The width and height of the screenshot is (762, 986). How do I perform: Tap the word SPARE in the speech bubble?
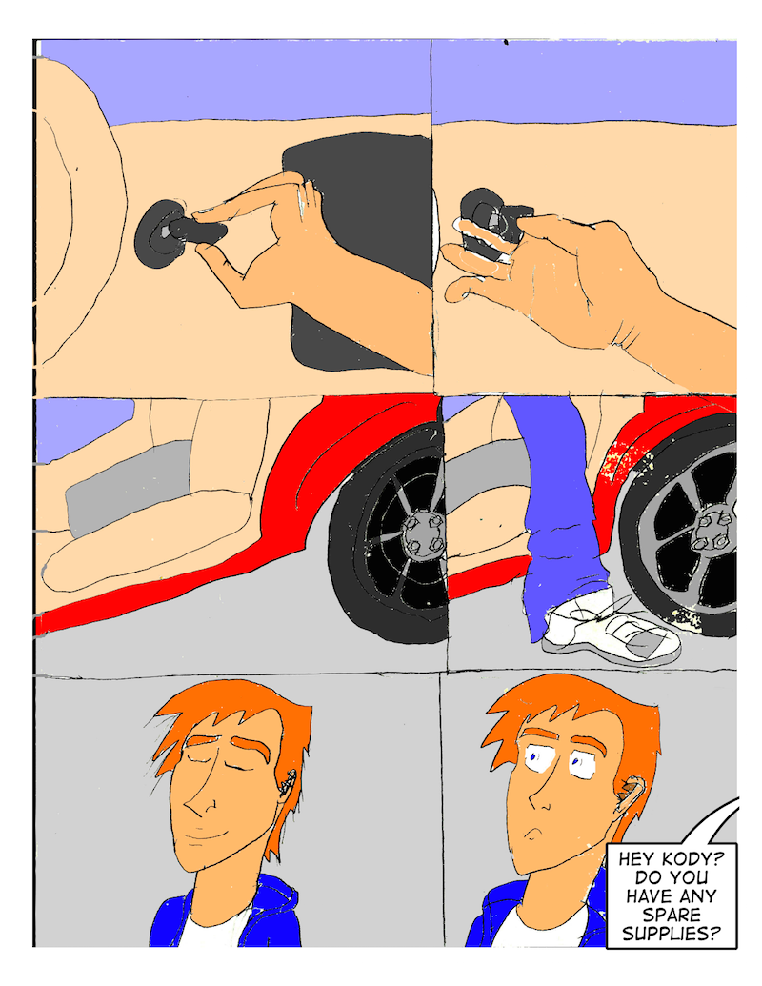[672, 915]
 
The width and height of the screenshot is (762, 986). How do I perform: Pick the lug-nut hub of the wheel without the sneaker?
[426, 534]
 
